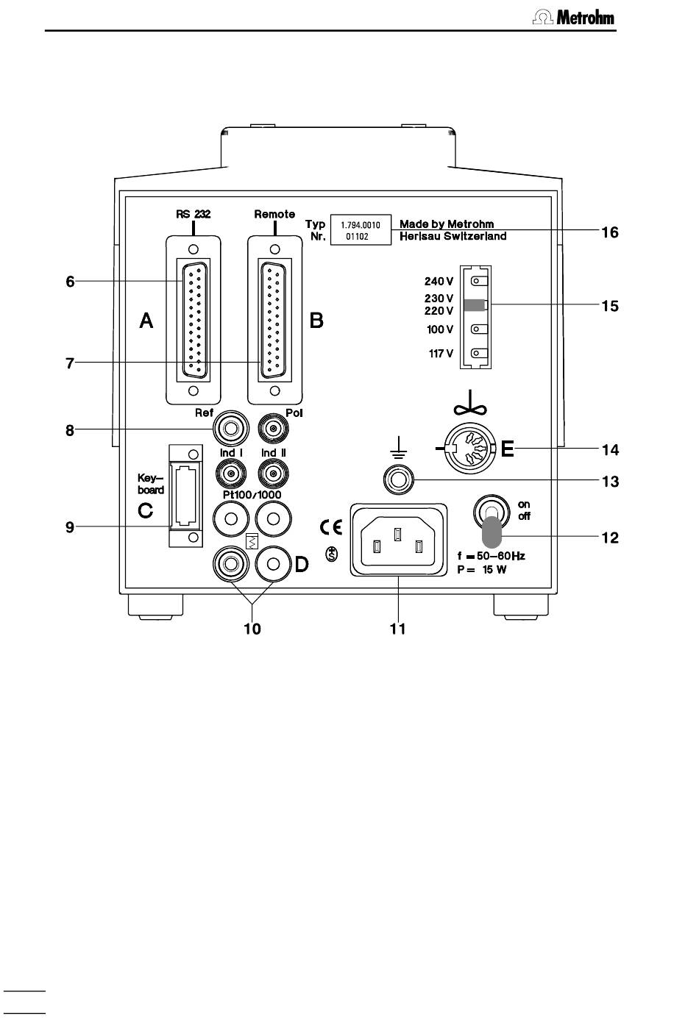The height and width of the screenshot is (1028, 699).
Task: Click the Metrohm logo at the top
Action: coord(573,18)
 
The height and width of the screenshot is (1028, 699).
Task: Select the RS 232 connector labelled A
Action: coord(194,320)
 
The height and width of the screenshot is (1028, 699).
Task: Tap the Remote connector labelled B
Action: coord(274,320)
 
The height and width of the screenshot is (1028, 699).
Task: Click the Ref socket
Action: coord(230,429)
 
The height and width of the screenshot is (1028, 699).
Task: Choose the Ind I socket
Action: coord(230,473)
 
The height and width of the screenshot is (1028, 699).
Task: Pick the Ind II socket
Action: coord(274,473)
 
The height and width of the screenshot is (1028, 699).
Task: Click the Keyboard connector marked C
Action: coord(185,495)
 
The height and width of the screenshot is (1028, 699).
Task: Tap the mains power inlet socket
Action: coord(398,540)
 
